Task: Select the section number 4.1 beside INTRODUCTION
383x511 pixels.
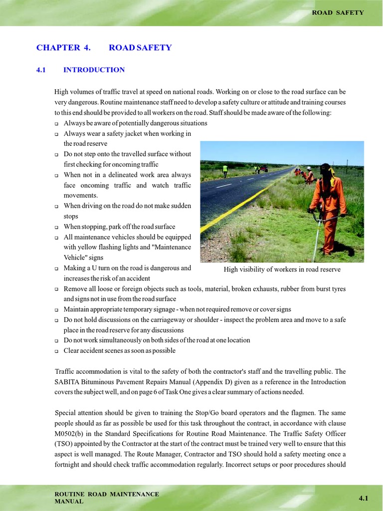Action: click(x=41, y=70)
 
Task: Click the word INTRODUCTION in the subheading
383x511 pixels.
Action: click(x=94, y=70)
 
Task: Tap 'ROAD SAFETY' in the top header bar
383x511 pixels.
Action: click(x=338, y=12)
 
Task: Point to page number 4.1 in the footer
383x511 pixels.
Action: click(x=363, y=498)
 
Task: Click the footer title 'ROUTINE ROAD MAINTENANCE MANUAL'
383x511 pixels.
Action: click(x=107, y=497)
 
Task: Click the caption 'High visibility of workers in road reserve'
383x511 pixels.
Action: click(x=282, y=269)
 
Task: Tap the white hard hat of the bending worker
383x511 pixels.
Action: click(x=309, y=168)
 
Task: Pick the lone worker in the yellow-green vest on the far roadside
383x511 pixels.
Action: click(x=225, y=170)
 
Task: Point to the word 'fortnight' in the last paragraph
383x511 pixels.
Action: click(x=69, y=464)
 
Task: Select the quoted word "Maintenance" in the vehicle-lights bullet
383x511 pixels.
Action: click(x=172, y=247)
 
